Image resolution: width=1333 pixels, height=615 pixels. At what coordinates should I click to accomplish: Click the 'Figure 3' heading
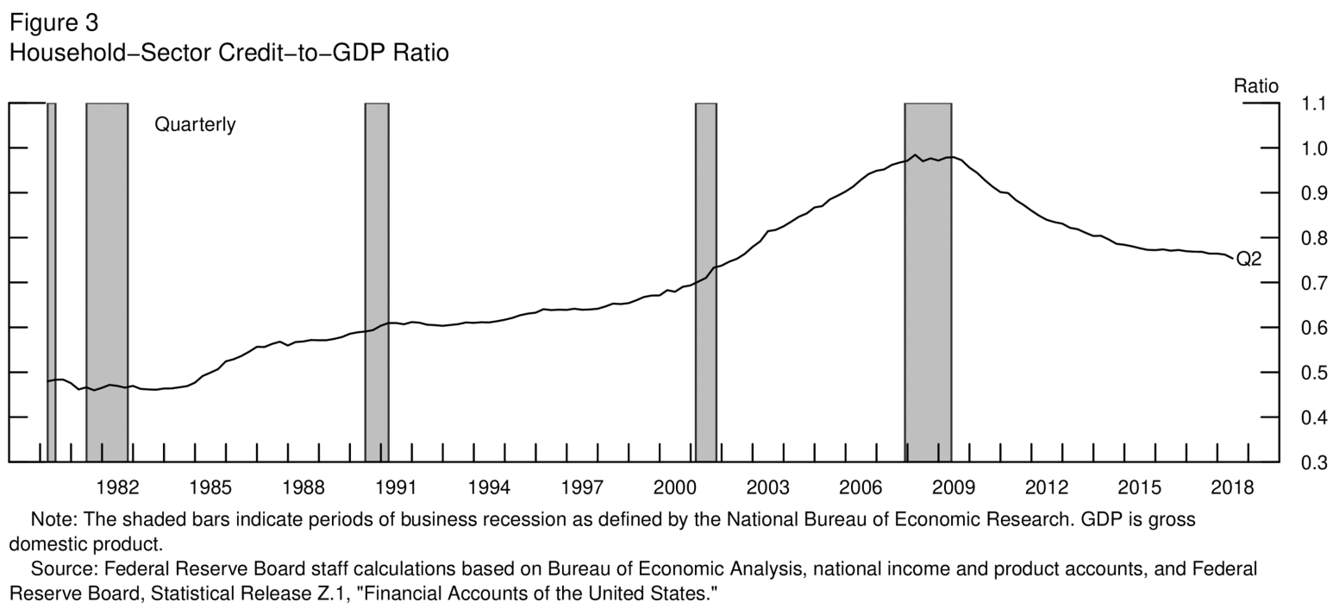pyautogui.click(x=53, y=23)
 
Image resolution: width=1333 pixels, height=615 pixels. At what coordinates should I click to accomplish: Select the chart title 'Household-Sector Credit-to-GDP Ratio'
pyautogui.click(x=228, y=53)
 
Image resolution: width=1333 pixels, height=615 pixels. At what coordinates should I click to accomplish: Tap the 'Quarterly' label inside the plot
pyautogui.click(x=195, y=125)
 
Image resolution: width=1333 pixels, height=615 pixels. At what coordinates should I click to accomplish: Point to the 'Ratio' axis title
pyautogui.click(x=1255, y=86)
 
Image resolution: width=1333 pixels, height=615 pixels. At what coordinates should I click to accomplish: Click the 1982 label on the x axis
pyautogui.click(x=117, y=487)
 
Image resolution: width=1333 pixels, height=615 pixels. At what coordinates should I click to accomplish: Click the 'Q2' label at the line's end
pyautogui.click(x=1249, y=260)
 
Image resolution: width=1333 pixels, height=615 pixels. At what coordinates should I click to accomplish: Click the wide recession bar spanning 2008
pyautogui.click(x=928, y=285)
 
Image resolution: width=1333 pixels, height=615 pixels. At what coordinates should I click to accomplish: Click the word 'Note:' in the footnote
pyautogui.click(x=51, y=520)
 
